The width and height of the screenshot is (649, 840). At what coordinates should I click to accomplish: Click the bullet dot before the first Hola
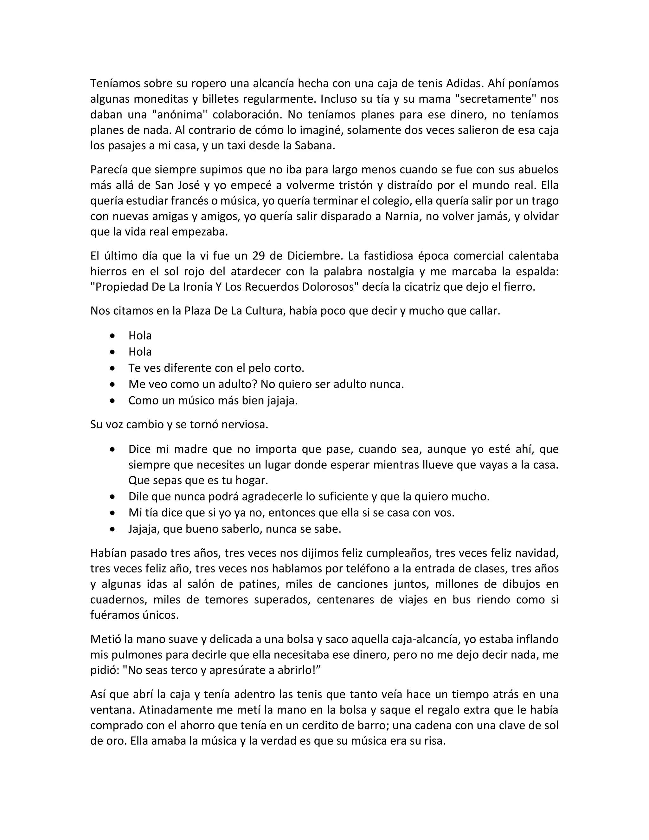click(x=112, y=336)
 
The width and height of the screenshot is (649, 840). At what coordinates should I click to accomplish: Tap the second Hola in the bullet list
click(x=140, y=352)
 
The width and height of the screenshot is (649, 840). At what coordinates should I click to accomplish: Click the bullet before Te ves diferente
click(x=112, y=368)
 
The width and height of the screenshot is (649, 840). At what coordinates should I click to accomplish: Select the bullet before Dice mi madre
click(x=112, y=449)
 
